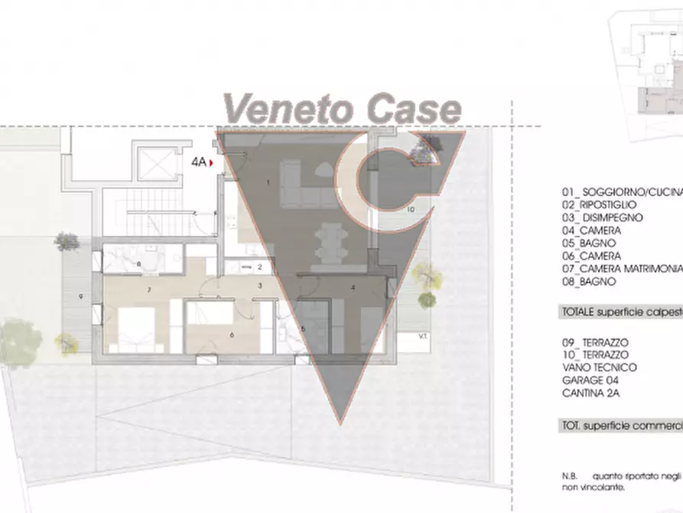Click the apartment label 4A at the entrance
pyautogui.click(x=200, y=162)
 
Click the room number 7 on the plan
pyautogui.click(x=149, y=289)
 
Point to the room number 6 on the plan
pyautogui.click(x=231, y=335)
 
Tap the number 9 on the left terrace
pyautogui.click(x=80, y=296)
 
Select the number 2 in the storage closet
pyautogui.click(x=260, y=267)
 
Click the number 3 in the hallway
pyautogui.click(x=260, y=286)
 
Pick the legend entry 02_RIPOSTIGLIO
pyautogui.click(x=599, y=204)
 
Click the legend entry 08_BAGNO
pyautogui.click(x=588, y=282)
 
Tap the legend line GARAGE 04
pyautogui.click(x=590, y=381)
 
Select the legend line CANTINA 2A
pyautogui.click(x=590, y=394)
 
